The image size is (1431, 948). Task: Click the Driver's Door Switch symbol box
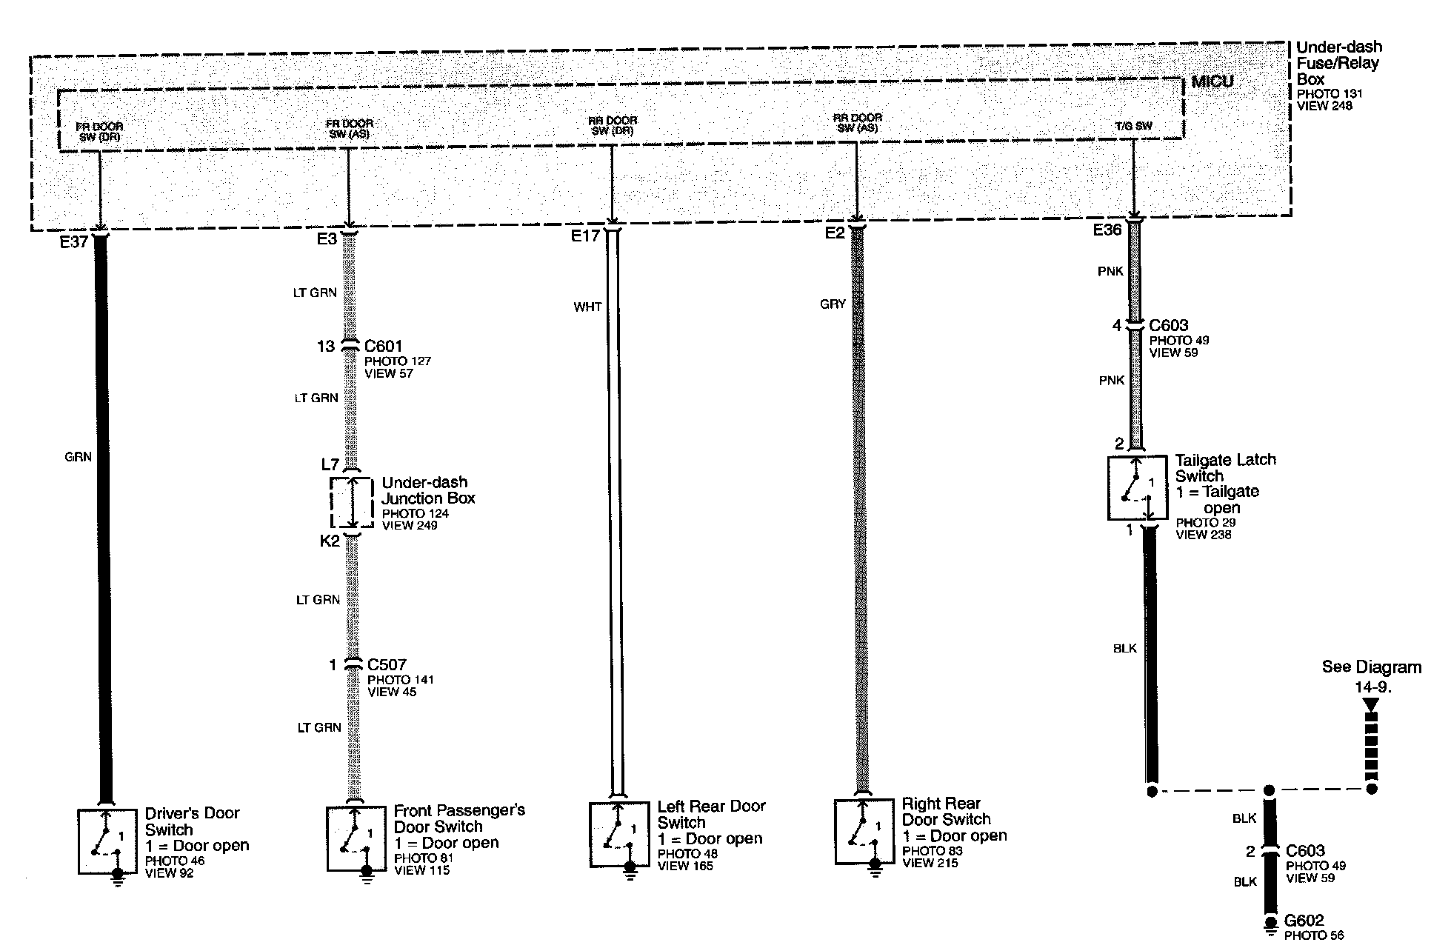pos(107,841)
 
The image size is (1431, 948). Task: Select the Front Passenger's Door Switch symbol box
pos(356,838)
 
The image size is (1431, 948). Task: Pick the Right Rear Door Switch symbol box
pos(864,832)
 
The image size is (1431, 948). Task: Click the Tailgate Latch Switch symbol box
pos(1138,488)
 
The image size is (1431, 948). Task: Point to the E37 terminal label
pos(74,242)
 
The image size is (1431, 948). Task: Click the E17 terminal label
pos(585,236)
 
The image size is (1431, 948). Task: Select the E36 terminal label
pos(1107,230)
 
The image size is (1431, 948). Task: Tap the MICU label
pos(1212,81)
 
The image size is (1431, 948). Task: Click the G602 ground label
pos(1304,921)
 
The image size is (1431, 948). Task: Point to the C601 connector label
pos(384,346)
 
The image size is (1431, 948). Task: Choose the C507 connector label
pos(387,664)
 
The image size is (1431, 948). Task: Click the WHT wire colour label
pos(587,307)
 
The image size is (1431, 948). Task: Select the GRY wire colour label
pos(833,304)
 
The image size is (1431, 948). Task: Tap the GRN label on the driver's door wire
pos(78,457)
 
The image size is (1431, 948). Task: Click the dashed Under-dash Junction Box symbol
pos(352,503)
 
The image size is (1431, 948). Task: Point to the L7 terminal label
pos(330,464)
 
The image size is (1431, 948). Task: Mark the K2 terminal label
pos(330,541)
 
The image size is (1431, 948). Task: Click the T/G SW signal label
pos(1133,126)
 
